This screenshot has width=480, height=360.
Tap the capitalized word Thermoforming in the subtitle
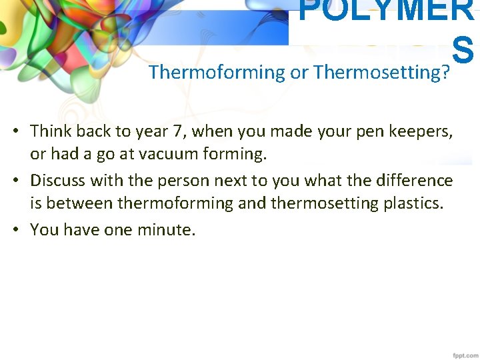(217, 72)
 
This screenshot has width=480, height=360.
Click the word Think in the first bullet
(53, 131)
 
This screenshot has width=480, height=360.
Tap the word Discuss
(58, 180)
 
